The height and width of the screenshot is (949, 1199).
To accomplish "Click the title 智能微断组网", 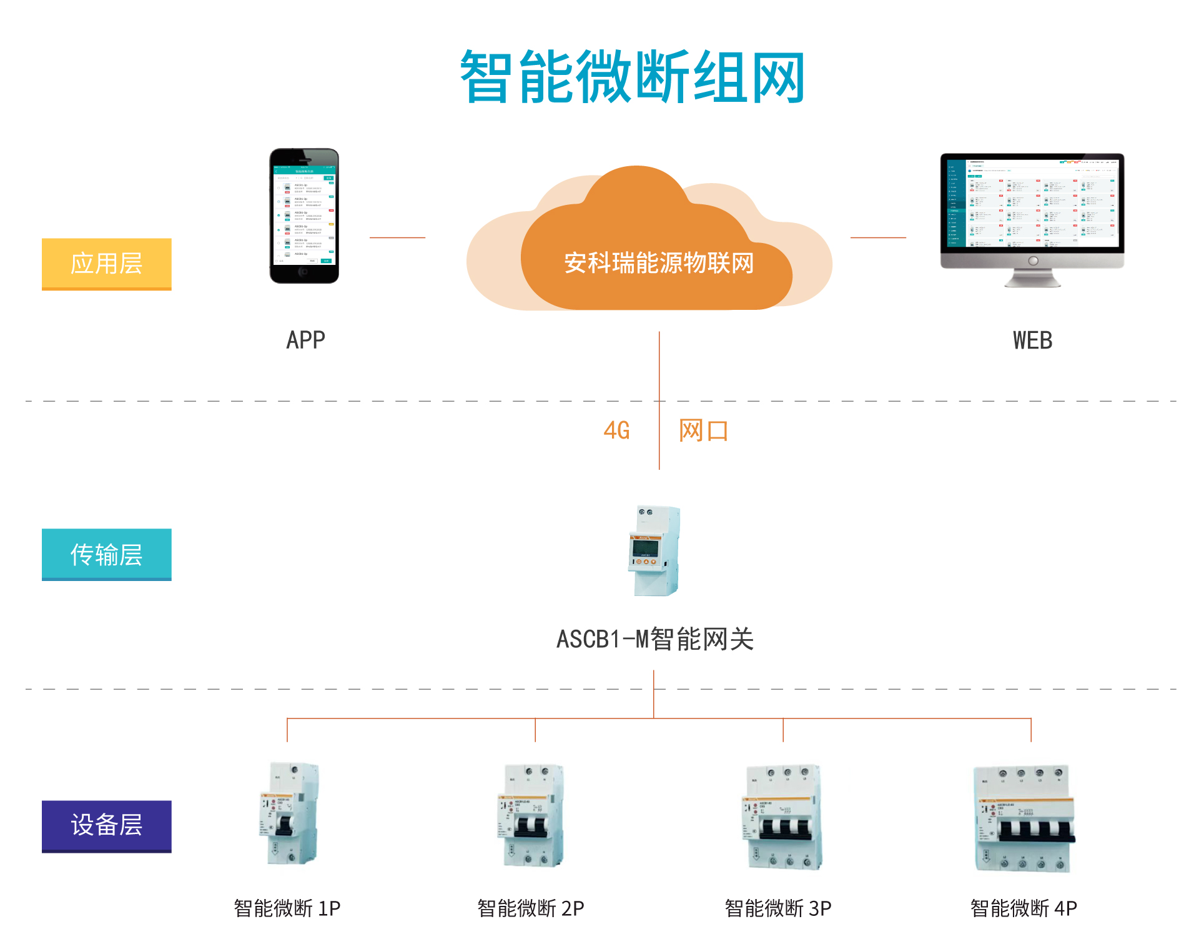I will [632, 77].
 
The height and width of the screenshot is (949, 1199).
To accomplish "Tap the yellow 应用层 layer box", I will [106, 264].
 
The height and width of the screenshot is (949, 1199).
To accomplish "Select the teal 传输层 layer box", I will [106, 554].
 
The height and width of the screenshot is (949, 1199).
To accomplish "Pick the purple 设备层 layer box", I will [106, 826].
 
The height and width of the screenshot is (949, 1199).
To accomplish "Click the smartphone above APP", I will [304, 216].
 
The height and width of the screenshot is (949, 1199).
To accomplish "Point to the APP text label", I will [305, 340].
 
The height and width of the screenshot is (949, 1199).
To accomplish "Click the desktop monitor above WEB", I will [1032, 219].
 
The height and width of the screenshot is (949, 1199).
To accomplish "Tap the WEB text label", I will [1032, 340].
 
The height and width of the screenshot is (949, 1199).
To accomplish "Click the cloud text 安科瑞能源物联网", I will [659, 263].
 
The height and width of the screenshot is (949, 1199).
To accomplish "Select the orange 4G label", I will [616, 430].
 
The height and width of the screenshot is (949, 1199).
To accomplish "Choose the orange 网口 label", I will [703, 430].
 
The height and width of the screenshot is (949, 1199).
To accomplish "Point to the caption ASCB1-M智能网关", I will [655, 639].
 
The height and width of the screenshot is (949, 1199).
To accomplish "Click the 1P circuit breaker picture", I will [289, 813].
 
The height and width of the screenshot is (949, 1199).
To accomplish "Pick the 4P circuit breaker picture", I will [1025, 818].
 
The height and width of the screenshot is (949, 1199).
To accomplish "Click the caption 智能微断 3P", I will [778, 908].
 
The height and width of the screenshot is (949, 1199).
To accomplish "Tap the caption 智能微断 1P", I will [287, 908].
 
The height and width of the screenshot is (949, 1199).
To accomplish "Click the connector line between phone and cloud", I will [397, 237].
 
